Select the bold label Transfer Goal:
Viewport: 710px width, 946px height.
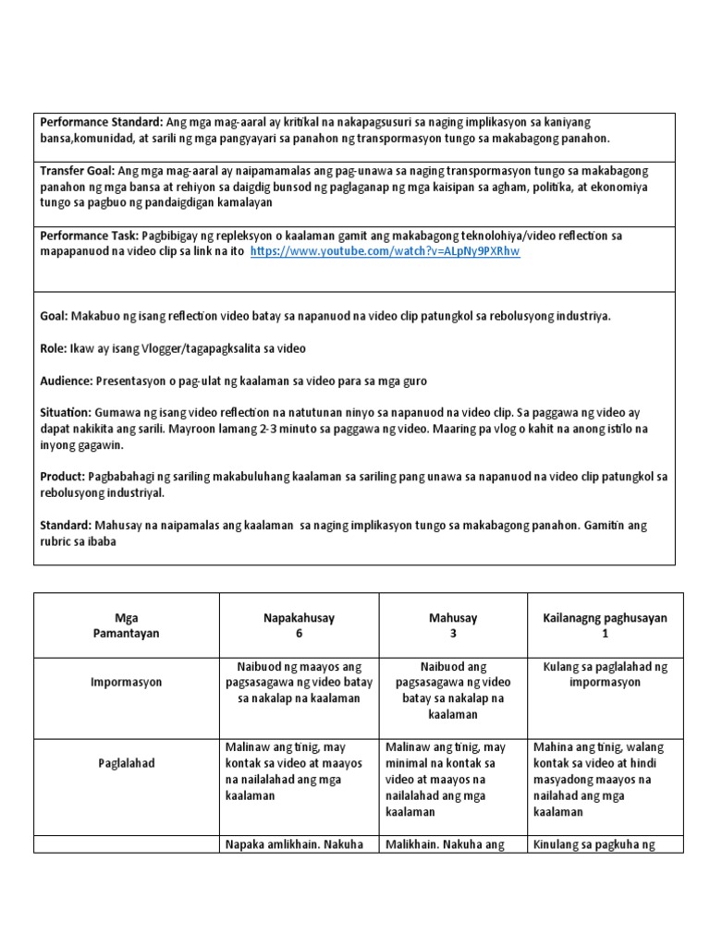coord(78,171)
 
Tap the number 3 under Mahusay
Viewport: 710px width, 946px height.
coord(453,635)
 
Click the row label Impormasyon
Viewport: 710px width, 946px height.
coord(128,682)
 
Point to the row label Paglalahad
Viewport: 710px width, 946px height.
coord(127,764)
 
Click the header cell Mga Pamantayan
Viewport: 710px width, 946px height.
coord(127,626)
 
